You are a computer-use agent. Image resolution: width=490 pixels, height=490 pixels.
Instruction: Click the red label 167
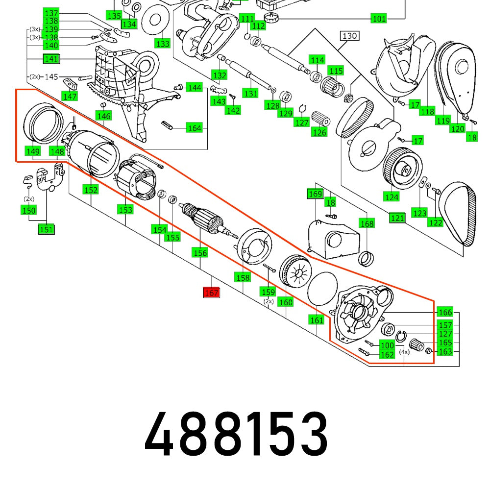pyautogui.click(x=212, y=293)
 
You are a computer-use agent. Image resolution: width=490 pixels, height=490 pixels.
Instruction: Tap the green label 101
pyautogui.click(x=379, y=19)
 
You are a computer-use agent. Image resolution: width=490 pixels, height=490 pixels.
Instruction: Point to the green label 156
pyautogui.click(x=200, y=253)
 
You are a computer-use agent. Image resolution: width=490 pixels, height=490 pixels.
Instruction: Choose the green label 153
pyautogui.click(x=125, y=210)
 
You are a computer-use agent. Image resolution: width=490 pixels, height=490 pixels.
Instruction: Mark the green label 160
pyautogui.click(x=286, y=302)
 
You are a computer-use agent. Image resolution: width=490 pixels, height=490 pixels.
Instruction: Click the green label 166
pyautogui.click(x=445, y=313)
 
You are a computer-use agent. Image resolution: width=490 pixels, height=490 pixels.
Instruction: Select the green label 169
pyautogui.click(x=315, y=194)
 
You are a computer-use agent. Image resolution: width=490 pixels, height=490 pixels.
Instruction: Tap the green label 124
pyautogui.click(x=392, y=197)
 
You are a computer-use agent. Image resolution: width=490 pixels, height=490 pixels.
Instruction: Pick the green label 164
pyautogui.click(x=194, y=128)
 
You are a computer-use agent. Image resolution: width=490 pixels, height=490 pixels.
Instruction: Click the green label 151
pyautogui.click(x=47, y=229)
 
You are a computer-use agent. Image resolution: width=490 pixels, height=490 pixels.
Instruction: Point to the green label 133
pyautogui.click(x=162, y=44)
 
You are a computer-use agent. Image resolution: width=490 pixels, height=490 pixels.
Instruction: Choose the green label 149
pyautogui.click(x=33, y=151)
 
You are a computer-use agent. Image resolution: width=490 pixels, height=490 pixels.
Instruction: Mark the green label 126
pyautogui.click(x=319, y=132)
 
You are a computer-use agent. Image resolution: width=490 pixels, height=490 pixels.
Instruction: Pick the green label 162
pyautogui.click(x=387, y=354)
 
